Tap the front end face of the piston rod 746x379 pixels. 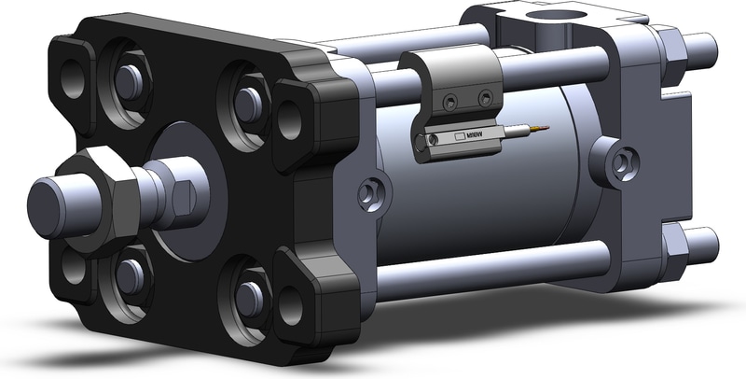pos(42,198)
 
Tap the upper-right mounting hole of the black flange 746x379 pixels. pos(290,119)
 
